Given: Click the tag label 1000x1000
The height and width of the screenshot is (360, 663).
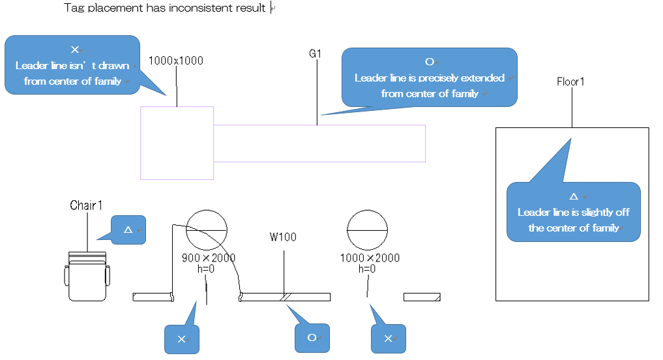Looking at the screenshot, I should [176, 61].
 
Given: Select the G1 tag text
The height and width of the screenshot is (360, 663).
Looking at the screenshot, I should [315, 54].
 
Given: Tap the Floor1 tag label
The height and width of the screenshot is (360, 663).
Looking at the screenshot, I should [571, 82].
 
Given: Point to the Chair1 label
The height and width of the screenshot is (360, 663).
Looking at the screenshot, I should [86, 205].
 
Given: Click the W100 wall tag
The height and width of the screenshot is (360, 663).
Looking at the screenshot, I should [283, 237].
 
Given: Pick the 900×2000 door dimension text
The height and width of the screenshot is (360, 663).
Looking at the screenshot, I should [208, 258].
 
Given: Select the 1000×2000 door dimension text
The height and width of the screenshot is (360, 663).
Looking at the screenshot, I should [370, 258].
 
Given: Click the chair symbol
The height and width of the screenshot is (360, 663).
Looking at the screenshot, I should [87, 276].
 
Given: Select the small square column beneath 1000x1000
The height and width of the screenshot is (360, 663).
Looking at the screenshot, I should [177, 143].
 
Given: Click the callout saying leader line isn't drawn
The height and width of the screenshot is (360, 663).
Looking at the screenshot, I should [72, 65].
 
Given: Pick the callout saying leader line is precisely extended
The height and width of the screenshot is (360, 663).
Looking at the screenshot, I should [429, 77].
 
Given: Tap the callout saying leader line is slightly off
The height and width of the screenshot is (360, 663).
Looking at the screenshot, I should [573, 212].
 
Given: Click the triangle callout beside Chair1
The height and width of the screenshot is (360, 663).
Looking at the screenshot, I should [128, 230].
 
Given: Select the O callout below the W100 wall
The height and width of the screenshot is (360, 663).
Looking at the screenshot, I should [312, 338].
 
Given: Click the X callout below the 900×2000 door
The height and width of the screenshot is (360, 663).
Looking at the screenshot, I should [181, 339].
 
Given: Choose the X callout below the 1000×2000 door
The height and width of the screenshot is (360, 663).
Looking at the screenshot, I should [388, 338].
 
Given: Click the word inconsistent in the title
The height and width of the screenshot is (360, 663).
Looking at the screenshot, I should [196, 8].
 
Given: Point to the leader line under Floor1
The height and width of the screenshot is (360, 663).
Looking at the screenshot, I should [572, 108].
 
